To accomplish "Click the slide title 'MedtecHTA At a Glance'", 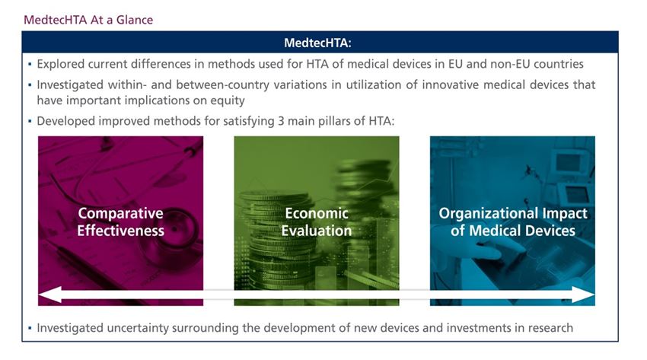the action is pos(88,20).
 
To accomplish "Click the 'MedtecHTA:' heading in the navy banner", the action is pos(317,43).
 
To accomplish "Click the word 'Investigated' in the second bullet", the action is pos(70,85).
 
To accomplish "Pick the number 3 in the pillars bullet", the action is pos(281,121).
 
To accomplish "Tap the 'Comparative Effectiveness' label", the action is pos(120,221).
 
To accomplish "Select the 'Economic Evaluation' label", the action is pos(317,221).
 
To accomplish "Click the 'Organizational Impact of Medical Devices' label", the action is pos(513,221).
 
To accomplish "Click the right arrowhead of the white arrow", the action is pos(583,295).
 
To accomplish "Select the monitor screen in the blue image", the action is pos(569,163).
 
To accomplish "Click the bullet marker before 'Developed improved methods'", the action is pos(30,121).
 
